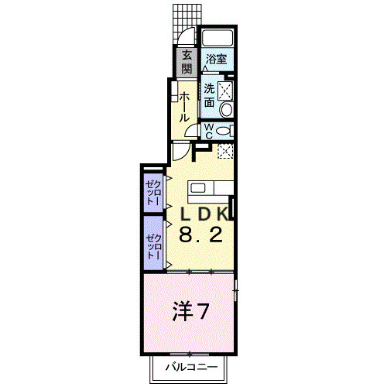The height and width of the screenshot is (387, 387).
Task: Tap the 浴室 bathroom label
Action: [x=216, y=59]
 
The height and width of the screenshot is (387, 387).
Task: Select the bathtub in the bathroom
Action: [x=217, y=39]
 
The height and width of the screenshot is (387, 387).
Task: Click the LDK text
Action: [x=205, y=214]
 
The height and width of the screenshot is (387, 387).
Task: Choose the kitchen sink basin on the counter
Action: [x=198, y=188]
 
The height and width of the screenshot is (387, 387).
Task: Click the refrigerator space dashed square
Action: [x=225, y=152]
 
